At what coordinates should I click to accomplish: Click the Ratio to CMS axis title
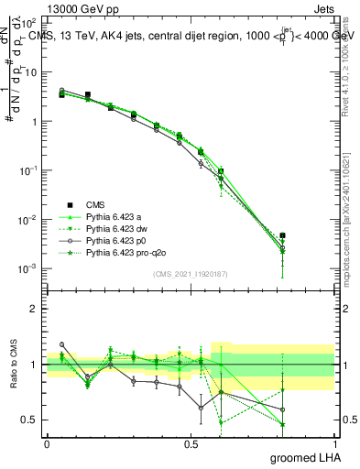[x=15, y=365]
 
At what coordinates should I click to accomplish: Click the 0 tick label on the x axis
[x=47, y=443]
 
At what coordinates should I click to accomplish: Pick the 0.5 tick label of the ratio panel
[x=28, y=420]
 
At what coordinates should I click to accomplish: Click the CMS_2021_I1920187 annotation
[x=190, y=273]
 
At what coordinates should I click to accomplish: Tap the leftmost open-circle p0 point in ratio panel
[x=61, y=344]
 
